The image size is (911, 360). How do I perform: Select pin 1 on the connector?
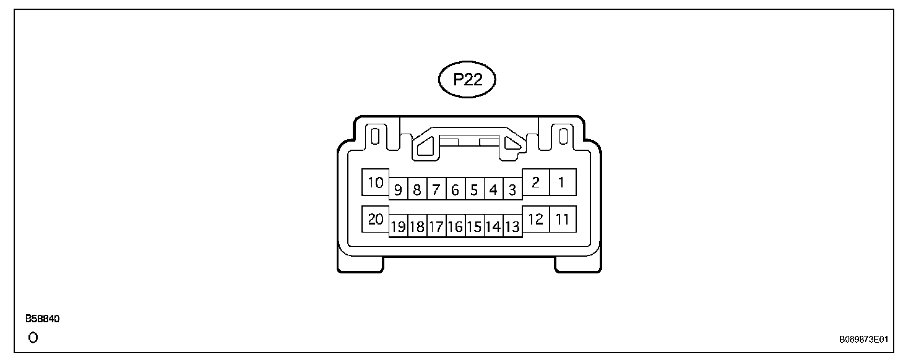tap(562, 182)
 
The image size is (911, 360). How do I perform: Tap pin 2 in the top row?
tap(536, 182)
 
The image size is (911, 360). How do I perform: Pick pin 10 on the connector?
tap(376, 182)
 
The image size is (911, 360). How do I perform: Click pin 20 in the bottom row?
tap(376, 219)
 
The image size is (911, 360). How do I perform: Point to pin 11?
tap(562, 219)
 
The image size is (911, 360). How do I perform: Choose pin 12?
tap(536, 219)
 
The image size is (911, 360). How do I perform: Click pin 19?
tap(398, 227)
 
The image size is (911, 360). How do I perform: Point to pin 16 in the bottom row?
tap(455, 227)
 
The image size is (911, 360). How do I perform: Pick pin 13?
tap(512, 227)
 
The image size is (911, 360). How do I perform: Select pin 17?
tap(436, 227)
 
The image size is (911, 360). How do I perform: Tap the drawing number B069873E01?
tap(863, 340)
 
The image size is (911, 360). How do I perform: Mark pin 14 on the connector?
tap(493, 227)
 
